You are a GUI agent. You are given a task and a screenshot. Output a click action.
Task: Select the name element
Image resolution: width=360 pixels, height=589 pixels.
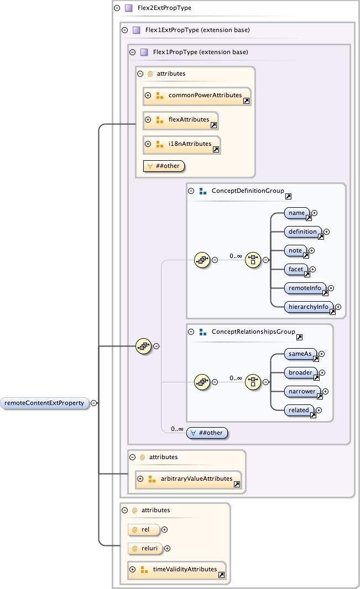(x=297, y=213)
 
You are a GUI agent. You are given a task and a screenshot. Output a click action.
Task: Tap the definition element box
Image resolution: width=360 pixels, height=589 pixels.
(x=303, y=232)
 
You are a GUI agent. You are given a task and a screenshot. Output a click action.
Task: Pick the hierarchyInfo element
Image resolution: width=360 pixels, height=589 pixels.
(x=309, y=307)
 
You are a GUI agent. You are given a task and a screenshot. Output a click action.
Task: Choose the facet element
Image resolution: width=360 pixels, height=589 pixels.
(x=296, y=269)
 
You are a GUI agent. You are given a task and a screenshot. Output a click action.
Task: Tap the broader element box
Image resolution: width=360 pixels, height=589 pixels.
(x=301, y=372)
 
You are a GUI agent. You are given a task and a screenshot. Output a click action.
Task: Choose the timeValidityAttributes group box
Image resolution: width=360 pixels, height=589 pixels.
(x=176, y=570)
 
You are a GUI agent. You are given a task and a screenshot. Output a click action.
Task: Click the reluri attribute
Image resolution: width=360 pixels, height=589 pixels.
(x=145, y=548)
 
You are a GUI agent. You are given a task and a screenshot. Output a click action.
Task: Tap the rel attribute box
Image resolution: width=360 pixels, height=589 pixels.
(x=143, y=530)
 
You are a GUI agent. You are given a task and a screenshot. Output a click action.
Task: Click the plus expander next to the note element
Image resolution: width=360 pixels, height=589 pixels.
(x=312, y=250)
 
